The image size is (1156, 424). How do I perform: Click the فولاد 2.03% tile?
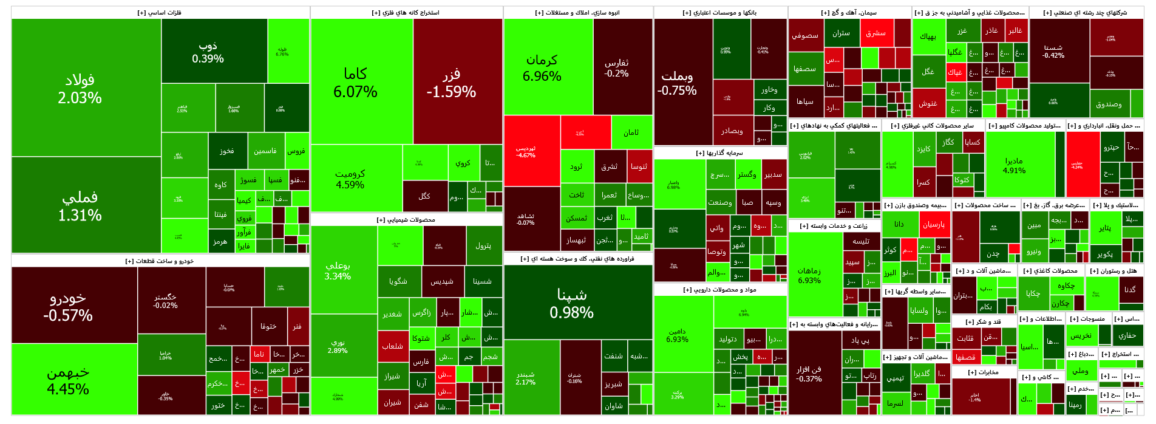80,88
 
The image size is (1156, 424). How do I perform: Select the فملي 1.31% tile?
80,205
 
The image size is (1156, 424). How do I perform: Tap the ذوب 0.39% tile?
208,52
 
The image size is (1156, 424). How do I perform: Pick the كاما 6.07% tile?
355,82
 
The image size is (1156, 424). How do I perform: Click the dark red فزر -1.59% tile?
451,82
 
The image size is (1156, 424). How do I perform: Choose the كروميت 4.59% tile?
350,179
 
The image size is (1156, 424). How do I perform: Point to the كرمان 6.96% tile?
542,67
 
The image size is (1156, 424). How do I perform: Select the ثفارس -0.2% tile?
616,67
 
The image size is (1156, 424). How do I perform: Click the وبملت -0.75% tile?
677,83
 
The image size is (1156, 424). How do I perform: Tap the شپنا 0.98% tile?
571,303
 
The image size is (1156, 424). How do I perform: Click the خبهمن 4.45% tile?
68,380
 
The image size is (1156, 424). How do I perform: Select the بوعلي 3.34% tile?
338,270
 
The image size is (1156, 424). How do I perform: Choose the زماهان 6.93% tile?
809,275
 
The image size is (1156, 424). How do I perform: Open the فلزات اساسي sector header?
160,13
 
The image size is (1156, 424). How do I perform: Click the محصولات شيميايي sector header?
406,220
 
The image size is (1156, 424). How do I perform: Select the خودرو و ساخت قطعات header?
160,261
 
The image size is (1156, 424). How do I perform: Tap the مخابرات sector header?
983,372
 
